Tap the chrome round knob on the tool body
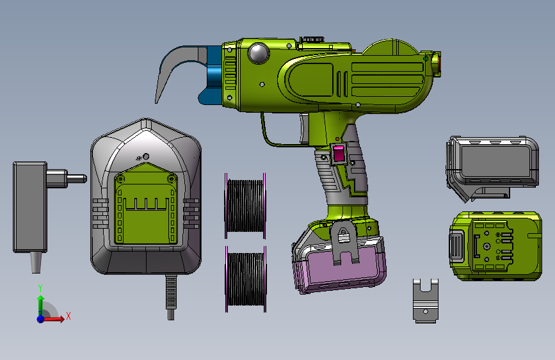(x=259, y=54)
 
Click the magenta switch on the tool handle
(x=339, y=154)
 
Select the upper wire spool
(x=245, y=206)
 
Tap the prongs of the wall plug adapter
(x=67, y=178)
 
